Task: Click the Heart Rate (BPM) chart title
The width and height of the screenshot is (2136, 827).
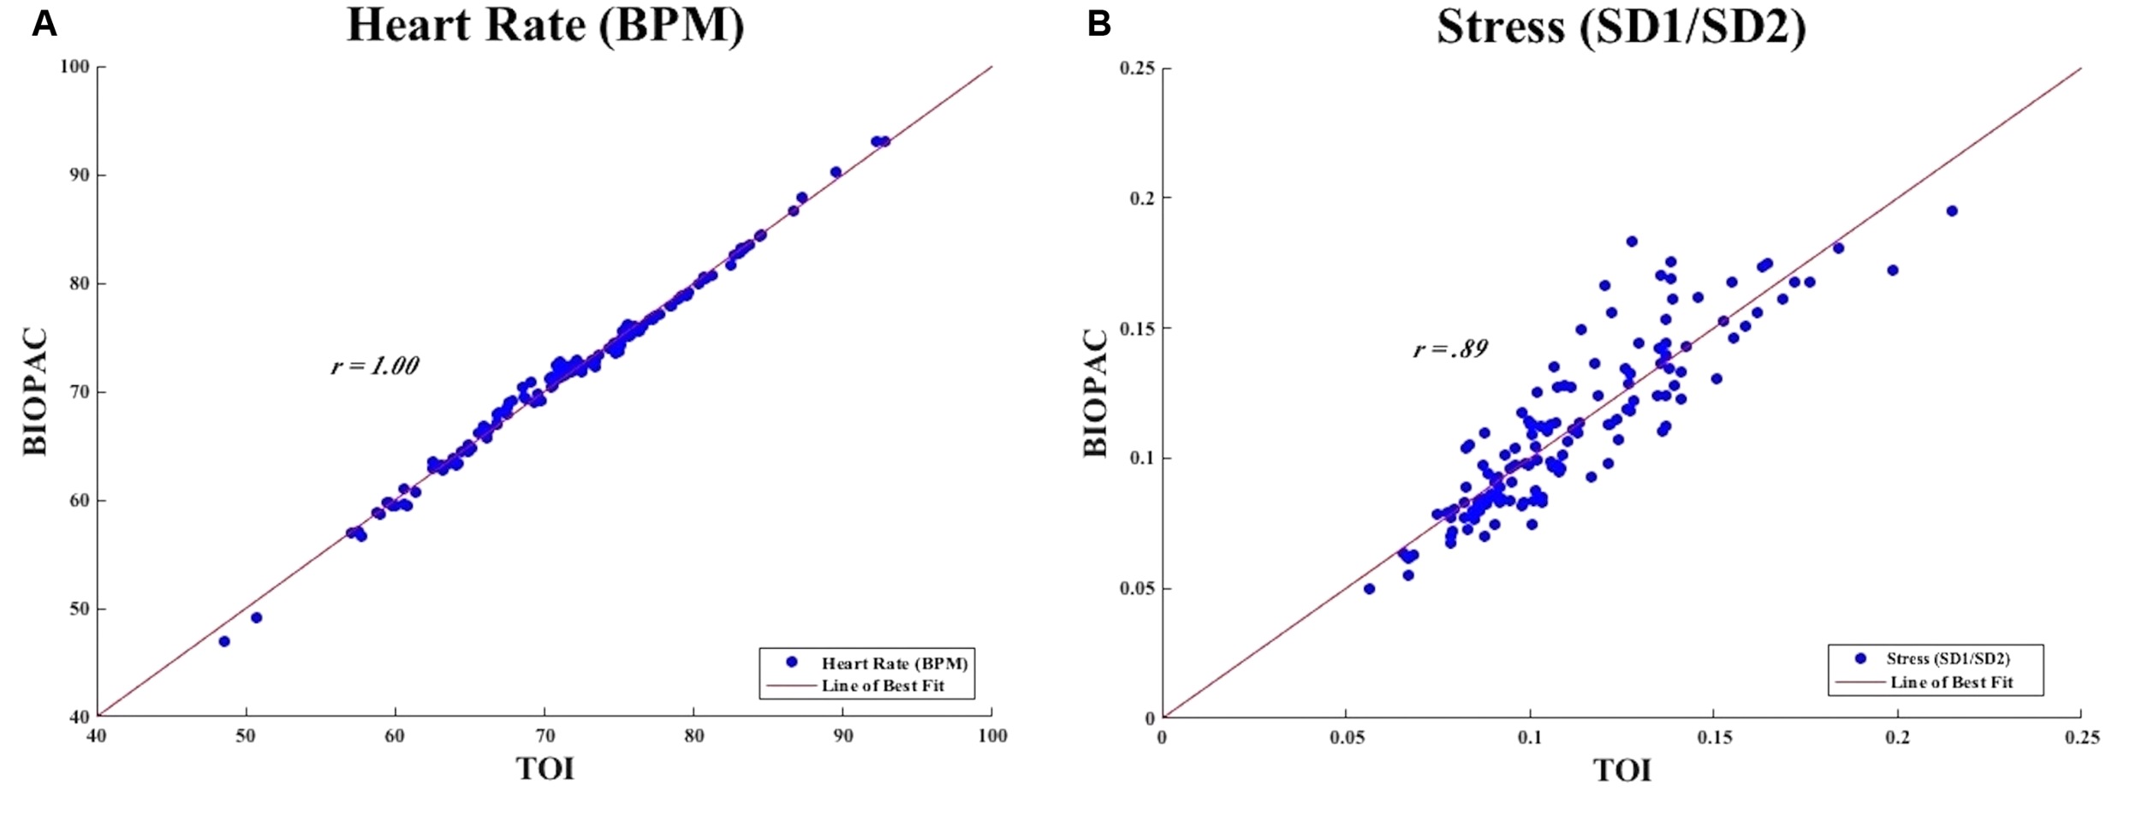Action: click(545, 26)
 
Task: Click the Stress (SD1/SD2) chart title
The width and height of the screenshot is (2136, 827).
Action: click(1621, 27)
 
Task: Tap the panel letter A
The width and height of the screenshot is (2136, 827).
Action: click(44, 25)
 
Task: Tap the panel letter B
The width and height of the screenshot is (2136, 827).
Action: click(1098, 25)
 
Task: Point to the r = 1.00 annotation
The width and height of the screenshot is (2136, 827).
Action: click(375, 366)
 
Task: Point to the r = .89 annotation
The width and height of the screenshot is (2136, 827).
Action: click(1450, 348)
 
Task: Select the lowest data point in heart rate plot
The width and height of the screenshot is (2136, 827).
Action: click(224, 641)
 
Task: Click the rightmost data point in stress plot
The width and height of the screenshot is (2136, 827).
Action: click(1952, 211)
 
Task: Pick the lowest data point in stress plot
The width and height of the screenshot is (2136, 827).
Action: click(1369, 588)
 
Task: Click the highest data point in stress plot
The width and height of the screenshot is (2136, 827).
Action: click(1632, 241)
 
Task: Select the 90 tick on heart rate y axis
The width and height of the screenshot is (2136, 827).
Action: click(79, 175)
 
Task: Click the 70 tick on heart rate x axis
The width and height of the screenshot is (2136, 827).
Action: click(544, 736)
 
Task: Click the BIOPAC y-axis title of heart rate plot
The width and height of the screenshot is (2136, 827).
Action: click(36, 391)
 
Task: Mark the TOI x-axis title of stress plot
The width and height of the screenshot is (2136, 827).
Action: click(1621, 770)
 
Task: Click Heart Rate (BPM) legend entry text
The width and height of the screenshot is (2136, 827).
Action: click(894, 663)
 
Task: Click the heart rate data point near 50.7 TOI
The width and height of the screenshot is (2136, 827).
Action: click(256, 617)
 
